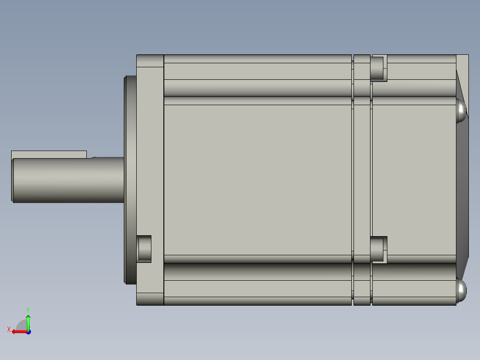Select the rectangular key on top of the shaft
(49, 154)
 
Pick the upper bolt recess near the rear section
(378, 68)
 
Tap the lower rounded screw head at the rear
(461, 290)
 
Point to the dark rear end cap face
(463, 187)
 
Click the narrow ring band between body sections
(362, 178)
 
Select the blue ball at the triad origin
(28, 332)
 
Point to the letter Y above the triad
(28, 309)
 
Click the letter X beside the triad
(9, 329)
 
